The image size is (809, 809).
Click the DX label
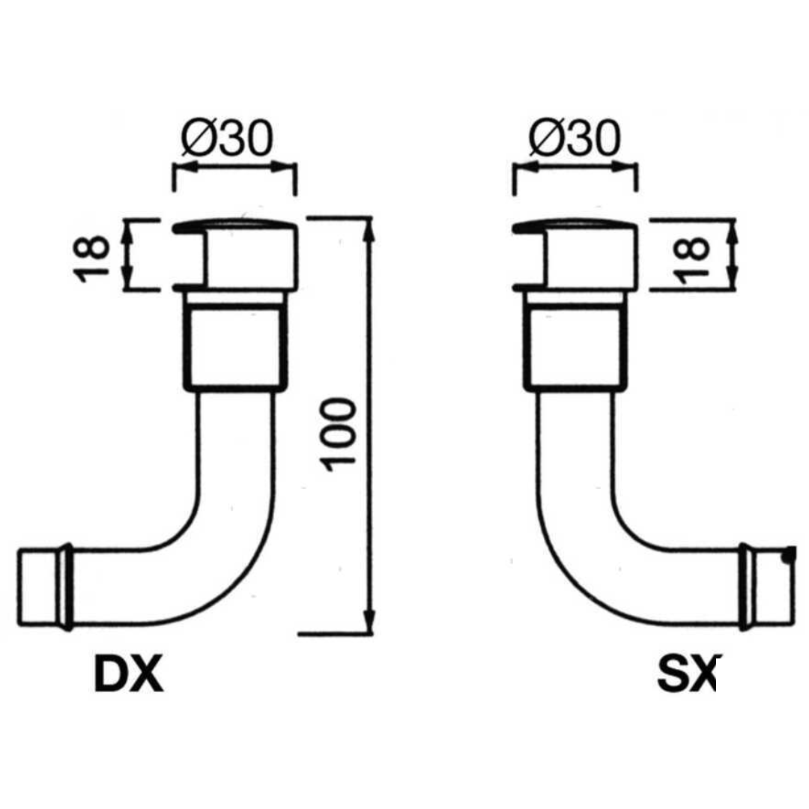pos(128,673)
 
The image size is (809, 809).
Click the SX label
pos(686,673)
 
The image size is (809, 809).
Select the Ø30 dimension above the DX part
pos(228,138)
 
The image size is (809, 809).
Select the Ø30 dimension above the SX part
pos(574,138)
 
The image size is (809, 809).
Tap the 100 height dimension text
pos(341,435)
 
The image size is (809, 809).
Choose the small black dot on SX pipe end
pos(785,556)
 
